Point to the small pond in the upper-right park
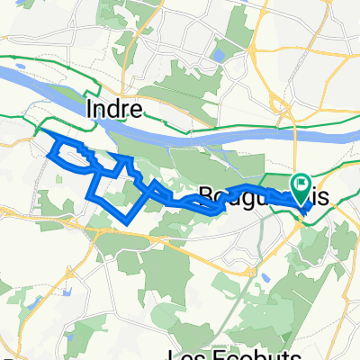216,57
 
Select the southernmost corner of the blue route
119,222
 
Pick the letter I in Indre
90,109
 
